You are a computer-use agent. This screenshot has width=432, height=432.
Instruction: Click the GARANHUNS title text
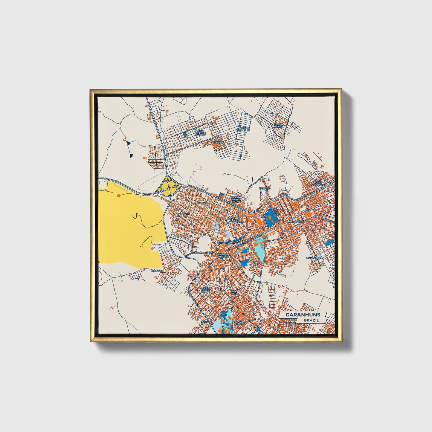tap(303, 315)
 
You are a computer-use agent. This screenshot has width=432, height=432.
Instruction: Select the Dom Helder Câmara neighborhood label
tap(201, 133)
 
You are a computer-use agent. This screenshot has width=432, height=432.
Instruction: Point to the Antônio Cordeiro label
tap(243, 129)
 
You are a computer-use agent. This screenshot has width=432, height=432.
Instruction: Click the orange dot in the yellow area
tap(119, 195)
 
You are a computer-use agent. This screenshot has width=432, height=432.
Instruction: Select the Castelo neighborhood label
tap(264, 188)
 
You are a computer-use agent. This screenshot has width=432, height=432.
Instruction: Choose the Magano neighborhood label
tap(184, 214)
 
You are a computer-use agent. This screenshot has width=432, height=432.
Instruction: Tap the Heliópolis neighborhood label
tap(296, 221)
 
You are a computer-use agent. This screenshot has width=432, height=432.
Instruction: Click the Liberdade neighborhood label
tap(314, 257)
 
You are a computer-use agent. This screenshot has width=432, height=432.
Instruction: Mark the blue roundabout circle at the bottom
tap(258, 329)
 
